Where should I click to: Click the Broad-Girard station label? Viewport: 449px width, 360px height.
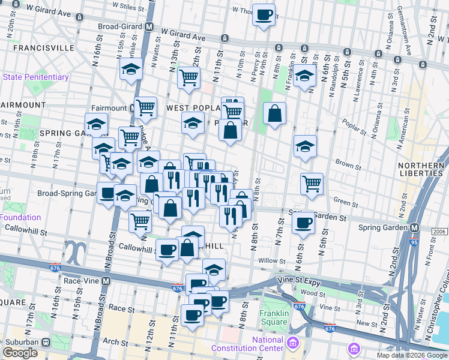(122, 27)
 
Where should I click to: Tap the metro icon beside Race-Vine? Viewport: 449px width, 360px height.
(106, 280)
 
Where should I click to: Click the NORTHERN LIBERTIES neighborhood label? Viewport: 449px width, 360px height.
(421, 169)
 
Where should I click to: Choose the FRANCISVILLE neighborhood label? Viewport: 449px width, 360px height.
(37, 47)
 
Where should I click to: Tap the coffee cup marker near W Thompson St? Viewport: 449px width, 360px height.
(264, 14)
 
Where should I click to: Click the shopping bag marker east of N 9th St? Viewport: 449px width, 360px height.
(274, 113)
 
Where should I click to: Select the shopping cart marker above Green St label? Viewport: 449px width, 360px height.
(312, 184)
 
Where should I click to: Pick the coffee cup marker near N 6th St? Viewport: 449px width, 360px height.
(303, 223)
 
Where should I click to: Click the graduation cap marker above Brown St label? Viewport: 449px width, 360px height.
(305, 146)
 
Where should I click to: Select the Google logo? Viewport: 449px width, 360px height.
(20, 352)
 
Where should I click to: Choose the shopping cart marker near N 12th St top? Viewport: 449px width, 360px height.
(188, 77)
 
